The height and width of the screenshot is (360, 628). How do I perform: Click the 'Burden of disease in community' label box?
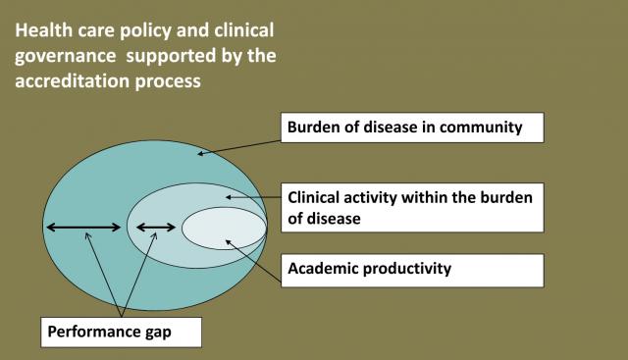coord(412,128)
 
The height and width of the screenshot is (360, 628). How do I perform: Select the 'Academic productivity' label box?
coord(412,271)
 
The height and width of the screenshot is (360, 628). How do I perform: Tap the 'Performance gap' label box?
coord(121,333)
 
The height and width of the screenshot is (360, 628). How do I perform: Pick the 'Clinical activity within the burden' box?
coord(412,207)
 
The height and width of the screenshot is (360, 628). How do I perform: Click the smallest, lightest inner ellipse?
coord(224,229)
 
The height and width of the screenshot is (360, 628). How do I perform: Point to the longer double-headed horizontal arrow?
coord(83,228)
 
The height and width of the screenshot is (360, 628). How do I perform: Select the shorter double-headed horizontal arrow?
coord(156,228)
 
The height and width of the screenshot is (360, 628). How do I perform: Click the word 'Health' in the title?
coord(43,30)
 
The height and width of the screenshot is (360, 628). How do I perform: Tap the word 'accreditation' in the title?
coord(73,80)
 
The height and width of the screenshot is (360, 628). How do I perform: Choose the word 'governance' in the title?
coord(66,57)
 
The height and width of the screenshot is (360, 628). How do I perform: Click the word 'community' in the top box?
coord(481,128)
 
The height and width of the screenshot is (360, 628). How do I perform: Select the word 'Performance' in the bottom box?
coord(94,332)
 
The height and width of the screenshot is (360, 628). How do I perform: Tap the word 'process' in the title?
coord(168,82)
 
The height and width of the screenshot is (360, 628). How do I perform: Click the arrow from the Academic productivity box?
coord(253,261)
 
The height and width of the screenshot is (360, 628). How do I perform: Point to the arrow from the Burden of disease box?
coord(239,147)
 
